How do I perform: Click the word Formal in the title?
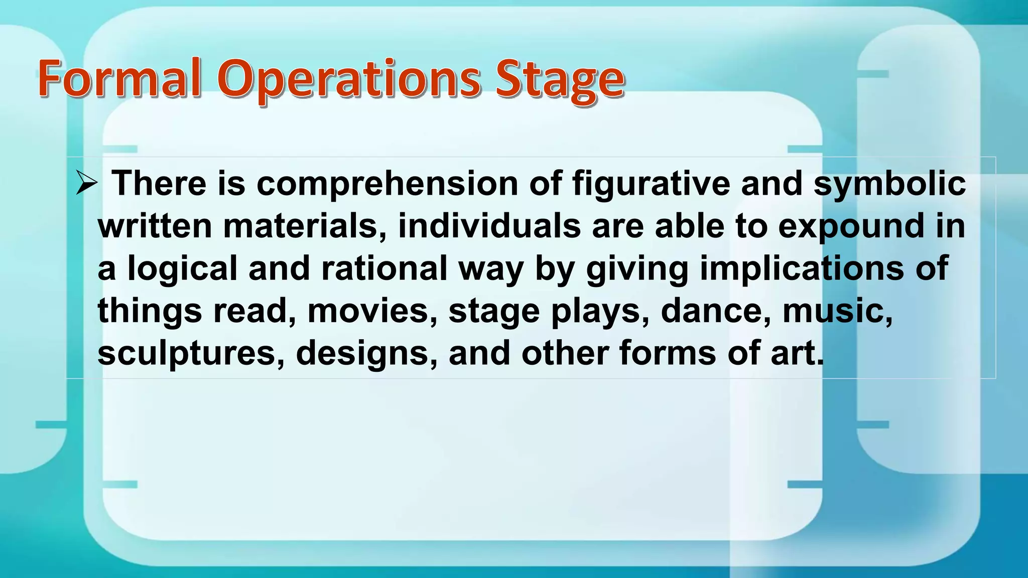[x=119, y=79]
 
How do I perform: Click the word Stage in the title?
[x=560, y=80]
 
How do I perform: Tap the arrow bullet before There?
[x=86, y=183]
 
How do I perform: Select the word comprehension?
[x=387, y=184]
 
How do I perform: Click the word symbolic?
[x=889, y=184]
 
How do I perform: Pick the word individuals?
[x=489, y=226]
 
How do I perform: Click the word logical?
[x=182, y=269]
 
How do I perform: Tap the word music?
[x=837, y=311]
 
